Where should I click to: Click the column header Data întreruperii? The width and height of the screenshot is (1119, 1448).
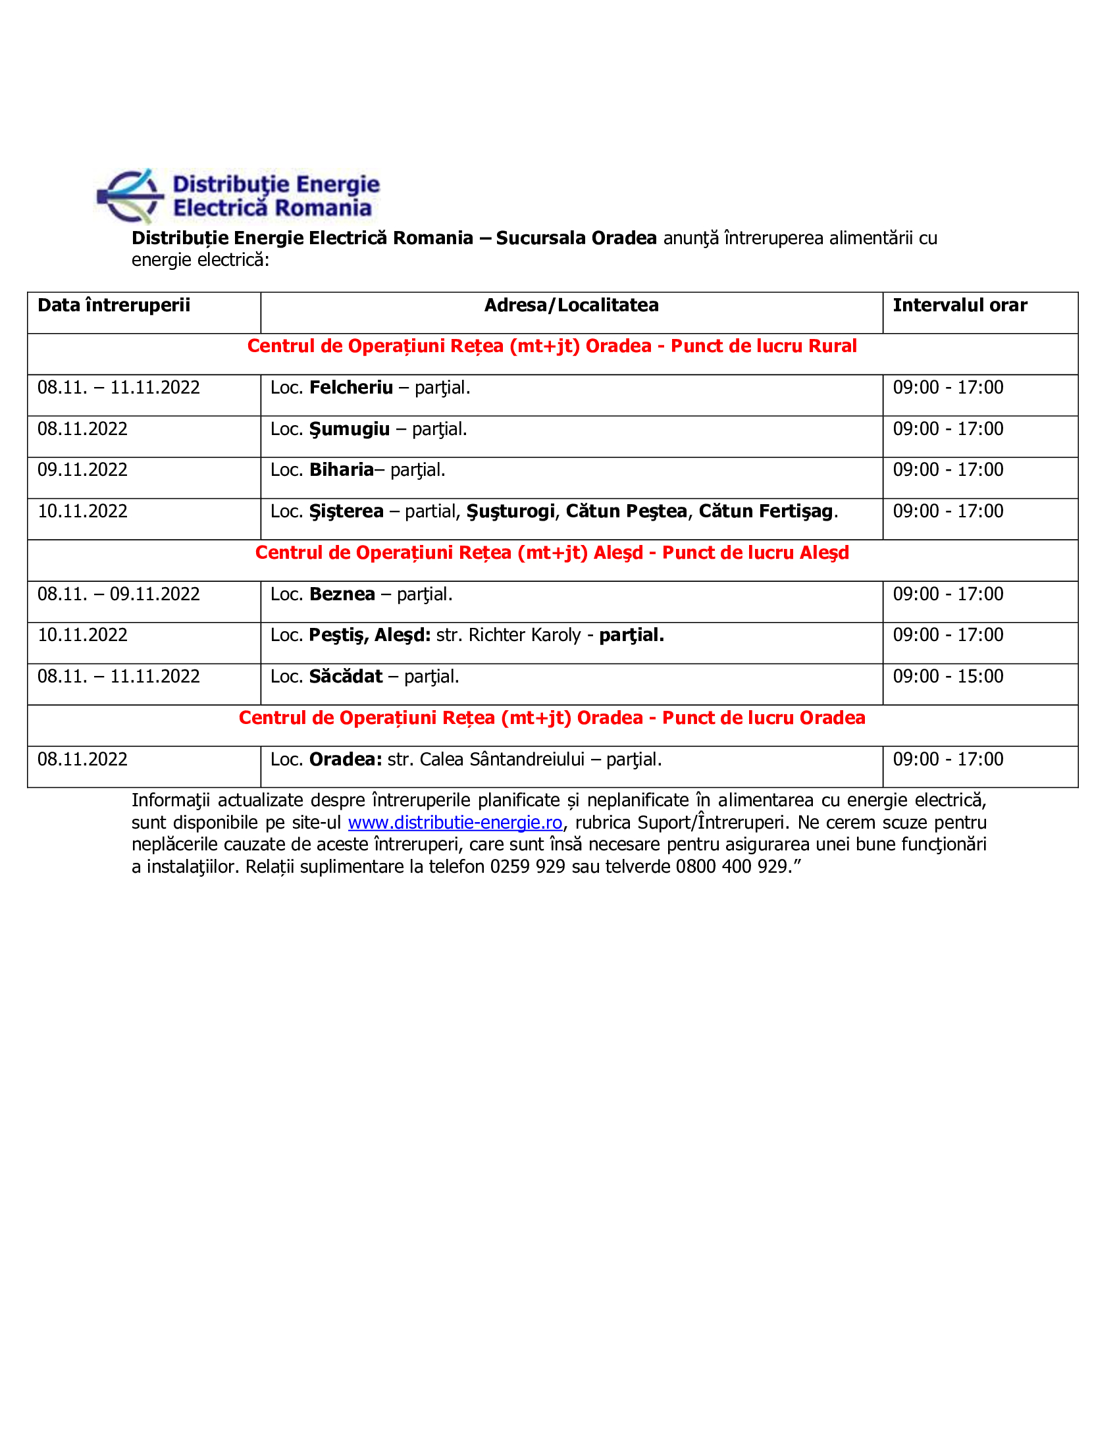(113, 305)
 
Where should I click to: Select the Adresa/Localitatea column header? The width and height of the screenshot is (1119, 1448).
(571, 305)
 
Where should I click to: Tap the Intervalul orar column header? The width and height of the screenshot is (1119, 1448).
(959, 305)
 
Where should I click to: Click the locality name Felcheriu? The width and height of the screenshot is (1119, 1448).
(351, 388)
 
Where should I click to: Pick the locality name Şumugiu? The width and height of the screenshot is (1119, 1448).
(349, 430)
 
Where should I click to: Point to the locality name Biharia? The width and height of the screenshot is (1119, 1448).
(342, 470)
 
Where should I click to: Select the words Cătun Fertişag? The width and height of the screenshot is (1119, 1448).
(765, 512)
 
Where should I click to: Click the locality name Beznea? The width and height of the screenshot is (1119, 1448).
(342, 595)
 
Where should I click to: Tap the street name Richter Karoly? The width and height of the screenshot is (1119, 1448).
(525, 636)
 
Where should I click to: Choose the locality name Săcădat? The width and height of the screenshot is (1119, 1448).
(346, 677)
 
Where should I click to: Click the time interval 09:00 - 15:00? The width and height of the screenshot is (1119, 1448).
(947, 677)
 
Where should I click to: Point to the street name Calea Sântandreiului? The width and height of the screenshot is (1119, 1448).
(502, 760)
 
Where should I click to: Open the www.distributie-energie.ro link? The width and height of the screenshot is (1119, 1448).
(455, 823)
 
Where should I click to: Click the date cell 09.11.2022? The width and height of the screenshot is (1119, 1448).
(82, 470)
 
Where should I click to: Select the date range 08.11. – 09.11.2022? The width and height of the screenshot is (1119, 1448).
(118, 595)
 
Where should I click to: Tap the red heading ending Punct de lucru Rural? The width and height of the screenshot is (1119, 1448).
(552, 347)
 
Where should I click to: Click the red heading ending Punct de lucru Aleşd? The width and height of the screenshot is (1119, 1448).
(552, 553)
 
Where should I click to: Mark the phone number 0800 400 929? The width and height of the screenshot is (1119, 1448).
(731, 867)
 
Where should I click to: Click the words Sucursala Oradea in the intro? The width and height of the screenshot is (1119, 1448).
(575, 238)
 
